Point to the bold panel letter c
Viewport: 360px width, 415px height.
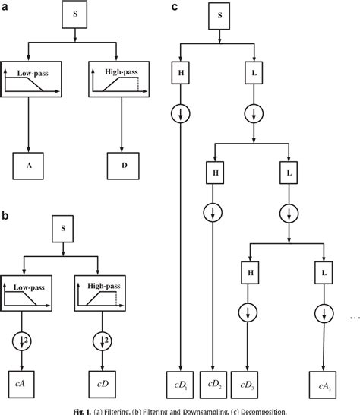pos(175,7)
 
